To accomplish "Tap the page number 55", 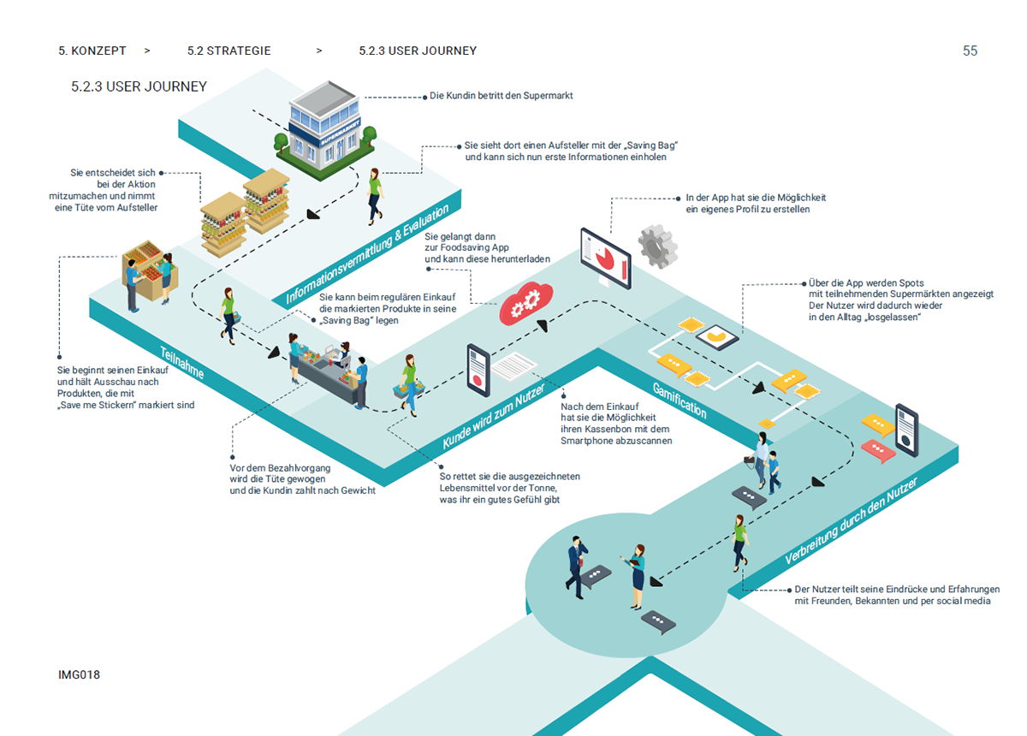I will (970, 50).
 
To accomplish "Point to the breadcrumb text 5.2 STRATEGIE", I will (229, 50).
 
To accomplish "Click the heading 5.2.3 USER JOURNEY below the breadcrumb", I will (139, 86).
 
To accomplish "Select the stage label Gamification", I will (680, 399).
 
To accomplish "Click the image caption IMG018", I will (79, 675).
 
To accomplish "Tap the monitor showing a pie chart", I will (605, 257).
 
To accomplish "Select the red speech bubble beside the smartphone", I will (876, 448).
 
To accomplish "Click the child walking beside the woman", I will (774, 472).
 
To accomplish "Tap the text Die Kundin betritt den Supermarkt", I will (501, 96).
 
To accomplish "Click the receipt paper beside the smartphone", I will (513, 365).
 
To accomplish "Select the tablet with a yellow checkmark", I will (718, 339).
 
